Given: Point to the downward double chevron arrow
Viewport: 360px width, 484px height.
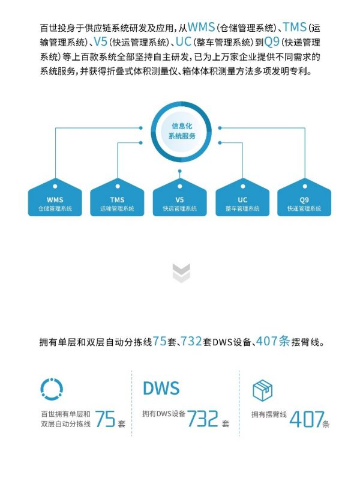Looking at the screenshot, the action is coord(181,273).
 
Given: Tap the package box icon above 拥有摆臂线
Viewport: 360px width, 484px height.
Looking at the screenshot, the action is coord(262,390).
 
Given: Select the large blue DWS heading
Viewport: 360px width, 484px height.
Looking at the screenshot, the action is coord(161,389).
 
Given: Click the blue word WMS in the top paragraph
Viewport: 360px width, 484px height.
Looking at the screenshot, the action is coord(201,27).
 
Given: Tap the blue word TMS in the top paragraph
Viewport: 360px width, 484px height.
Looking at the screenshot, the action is coord(294,27).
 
